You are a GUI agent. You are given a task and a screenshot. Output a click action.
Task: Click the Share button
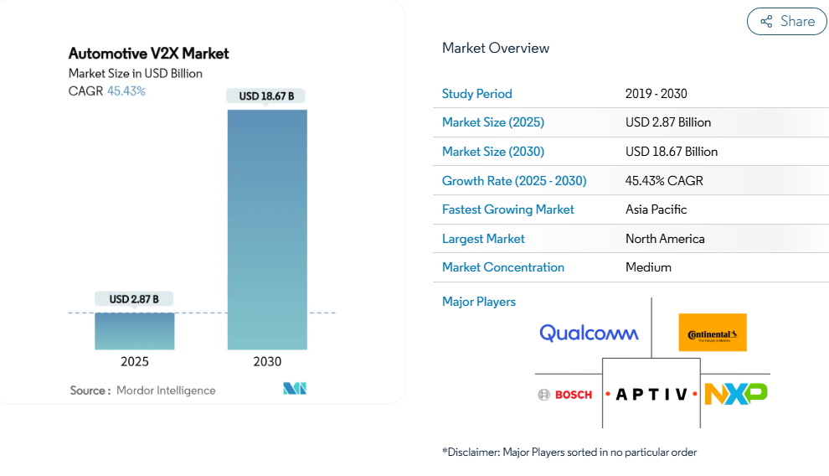click(786, 22)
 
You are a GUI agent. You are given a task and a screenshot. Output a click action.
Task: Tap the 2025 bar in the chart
click(135, 330)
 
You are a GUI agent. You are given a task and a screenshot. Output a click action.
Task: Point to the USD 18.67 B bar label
click(266, 96)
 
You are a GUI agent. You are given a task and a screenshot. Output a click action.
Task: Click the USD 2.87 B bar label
click(134, 299)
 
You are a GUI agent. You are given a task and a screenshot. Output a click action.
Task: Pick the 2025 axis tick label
click(135, 362)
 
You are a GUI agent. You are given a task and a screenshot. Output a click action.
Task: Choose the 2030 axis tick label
click(267, 362)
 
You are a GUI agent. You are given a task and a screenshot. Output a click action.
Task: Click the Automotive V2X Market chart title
click(148, 54)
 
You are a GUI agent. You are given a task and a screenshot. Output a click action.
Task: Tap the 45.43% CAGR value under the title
click(126, 91)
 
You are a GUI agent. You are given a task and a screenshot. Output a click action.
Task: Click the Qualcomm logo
click(589, 334)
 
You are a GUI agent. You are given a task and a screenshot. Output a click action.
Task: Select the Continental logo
click(713, 333)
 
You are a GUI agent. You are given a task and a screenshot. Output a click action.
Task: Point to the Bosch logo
click(565, 394)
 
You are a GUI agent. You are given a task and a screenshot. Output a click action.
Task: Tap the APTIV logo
click(651, 394)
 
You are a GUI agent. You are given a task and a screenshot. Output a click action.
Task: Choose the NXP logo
click(736, 393)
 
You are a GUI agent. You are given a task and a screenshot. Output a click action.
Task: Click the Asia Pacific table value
click(656, 210)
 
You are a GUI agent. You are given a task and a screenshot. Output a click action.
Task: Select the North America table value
click(665, 239)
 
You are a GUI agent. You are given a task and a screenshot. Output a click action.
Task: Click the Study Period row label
click(476, 94)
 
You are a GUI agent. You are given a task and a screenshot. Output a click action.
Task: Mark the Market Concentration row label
click(502, 267)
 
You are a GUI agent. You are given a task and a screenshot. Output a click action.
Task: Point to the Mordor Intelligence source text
click(166, 391)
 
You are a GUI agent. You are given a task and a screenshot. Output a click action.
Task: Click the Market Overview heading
click(496, 48)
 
